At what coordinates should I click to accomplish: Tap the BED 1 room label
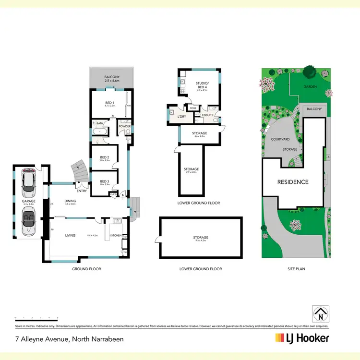[109, 102]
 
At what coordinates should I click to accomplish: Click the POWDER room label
[124, 126]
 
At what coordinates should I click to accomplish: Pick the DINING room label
[70, 201]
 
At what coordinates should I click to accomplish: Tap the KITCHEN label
[117, 236]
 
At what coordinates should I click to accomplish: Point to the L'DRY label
[181, 117]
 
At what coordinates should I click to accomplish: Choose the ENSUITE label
[207, 115]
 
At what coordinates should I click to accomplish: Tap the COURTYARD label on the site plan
[280, 139]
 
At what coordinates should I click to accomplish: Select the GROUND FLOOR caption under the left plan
[86, 269]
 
